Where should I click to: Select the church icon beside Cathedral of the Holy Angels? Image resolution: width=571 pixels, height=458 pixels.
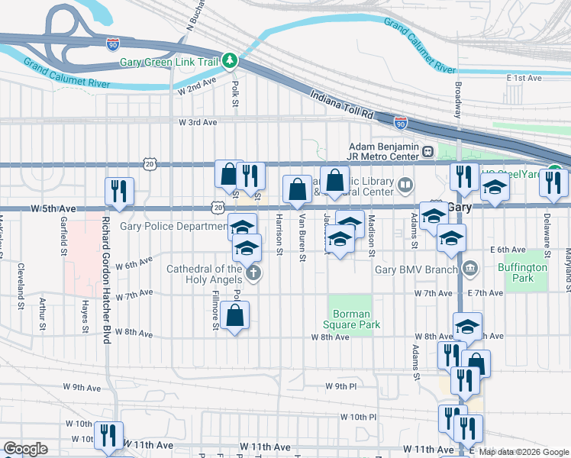pyautogui.click(x=253, y=273)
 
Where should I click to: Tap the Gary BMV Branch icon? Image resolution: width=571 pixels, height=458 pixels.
pyautogui.click(x=469, y=268)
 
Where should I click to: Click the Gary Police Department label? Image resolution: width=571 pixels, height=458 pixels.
pyautogui.click(x=173, y=227)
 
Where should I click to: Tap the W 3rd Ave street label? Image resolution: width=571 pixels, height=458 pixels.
pyautogui.click(x=198, y=122)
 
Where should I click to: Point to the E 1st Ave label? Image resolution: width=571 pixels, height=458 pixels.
pyautogui.click(x=524, y=78)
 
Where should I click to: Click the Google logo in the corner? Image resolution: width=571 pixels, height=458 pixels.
pyautogui.click(x=25, y=449)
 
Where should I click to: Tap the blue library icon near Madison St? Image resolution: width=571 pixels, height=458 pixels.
pyautogui.click(x=405, y=183)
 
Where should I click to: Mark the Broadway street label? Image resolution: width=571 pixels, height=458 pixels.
pyautogui.click(x=459, y=99)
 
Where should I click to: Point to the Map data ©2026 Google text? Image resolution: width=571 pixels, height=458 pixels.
pyautogui.click(x=524, y=453)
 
